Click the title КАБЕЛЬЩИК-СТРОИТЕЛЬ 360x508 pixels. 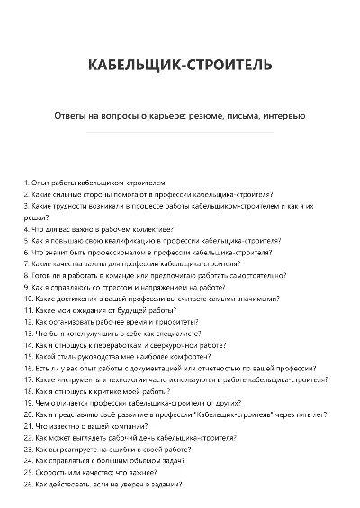tap(180, 67)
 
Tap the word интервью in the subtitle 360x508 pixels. tap(284, 115)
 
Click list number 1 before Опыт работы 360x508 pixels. tap(26, 182)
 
